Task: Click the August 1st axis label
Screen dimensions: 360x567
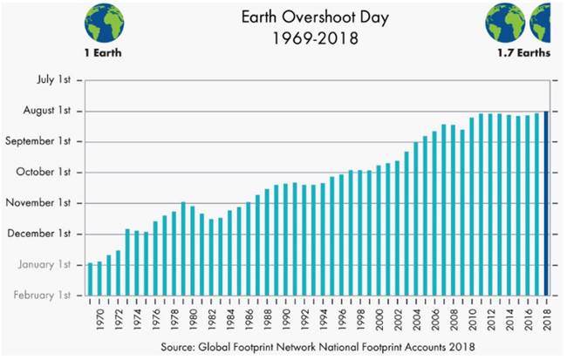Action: pos(41,111)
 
